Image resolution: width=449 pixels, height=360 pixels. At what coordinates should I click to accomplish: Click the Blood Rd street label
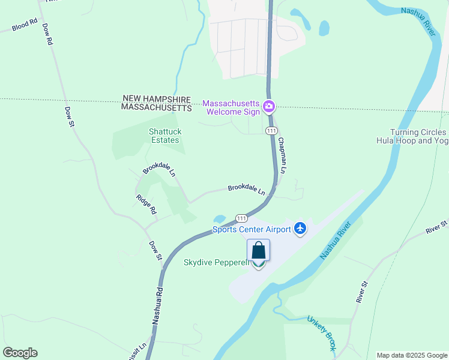click(x=24, y=25)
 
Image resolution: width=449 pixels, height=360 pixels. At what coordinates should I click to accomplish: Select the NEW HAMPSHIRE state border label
click(x=156, y=98)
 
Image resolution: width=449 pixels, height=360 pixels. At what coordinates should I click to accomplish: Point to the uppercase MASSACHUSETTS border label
click(x=156, y=107)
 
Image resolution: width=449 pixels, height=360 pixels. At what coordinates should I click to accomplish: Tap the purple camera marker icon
click(x=270, y=107)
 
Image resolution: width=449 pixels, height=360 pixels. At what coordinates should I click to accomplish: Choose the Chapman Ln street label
click(x=282, y=155)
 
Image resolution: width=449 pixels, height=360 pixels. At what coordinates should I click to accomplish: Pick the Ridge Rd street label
click(x=146, y=205)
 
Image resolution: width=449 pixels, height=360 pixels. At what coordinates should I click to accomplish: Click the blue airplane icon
click(x=301, y=229)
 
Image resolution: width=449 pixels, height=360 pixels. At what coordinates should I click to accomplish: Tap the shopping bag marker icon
click(x=258, y=250)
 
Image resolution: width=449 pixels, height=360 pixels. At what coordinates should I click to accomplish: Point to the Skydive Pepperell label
click(x=216, y=263)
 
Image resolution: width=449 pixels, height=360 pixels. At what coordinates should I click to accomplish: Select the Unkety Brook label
click(x=322, y=334)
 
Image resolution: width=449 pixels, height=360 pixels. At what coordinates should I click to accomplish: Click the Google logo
click(x=20, y=353)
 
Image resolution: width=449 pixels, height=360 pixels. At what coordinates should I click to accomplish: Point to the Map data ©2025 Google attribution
click(x=411, y=355)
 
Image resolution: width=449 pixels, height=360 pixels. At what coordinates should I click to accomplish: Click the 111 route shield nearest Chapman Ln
click(x=271, y=130)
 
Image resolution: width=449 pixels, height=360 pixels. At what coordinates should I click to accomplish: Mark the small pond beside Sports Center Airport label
click(x=220, y=219)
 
